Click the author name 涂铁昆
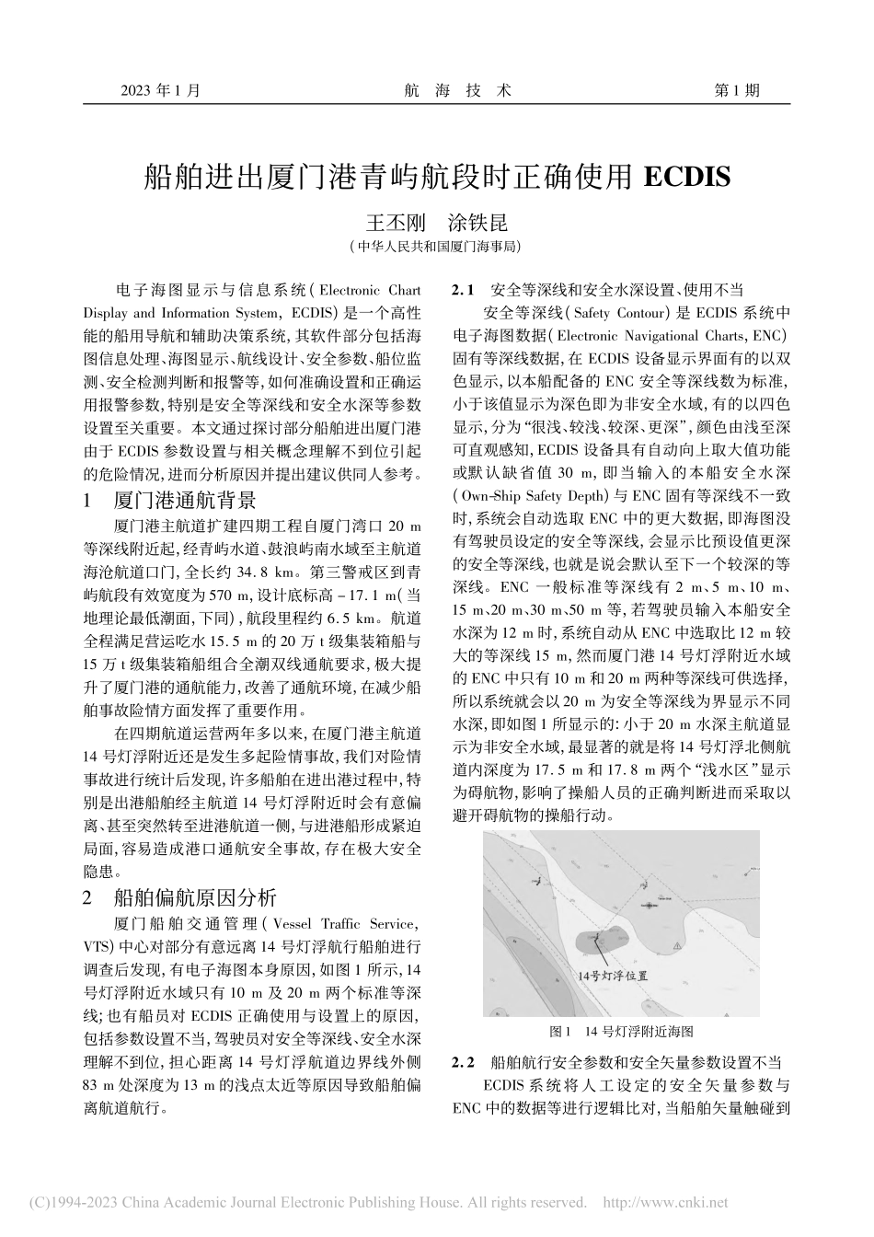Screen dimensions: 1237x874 pyautogui.click(x=477, y=224)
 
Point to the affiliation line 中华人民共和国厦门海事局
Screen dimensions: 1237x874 pyautogui.click(x=436, y=247)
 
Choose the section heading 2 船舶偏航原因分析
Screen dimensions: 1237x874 pyautogui.click(x=179, y=897)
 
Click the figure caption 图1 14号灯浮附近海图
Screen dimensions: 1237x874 pyautogui.click(x=620, y=1031)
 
